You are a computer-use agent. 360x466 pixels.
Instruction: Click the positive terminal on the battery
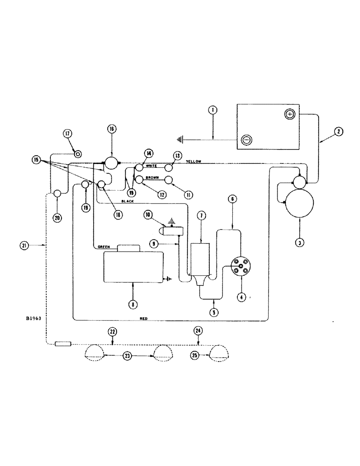point(289,114)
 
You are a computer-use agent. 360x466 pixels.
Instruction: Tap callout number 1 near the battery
point(213,110)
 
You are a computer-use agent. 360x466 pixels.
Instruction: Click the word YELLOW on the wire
point(193,161)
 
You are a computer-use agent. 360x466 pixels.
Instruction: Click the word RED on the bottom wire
point(144,318)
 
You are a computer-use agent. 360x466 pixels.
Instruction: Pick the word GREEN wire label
point(104,247)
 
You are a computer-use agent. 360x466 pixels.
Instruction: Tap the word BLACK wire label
point(127,201)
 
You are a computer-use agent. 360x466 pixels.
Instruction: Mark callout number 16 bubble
point(112,129)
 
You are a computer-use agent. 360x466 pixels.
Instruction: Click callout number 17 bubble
point(68,134)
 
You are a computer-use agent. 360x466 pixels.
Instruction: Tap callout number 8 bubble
point(133,304)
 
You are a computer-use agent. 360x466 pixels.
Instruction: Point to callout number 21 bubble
point(26,245)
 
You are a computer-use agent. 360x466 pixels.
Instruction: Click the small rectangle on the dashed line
point(63,344)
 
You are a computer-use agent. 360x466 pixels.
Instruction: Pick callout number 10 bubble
point(148,215)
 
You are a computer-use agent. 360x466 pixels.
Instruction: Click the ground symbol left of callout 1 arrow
point(181,139)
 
